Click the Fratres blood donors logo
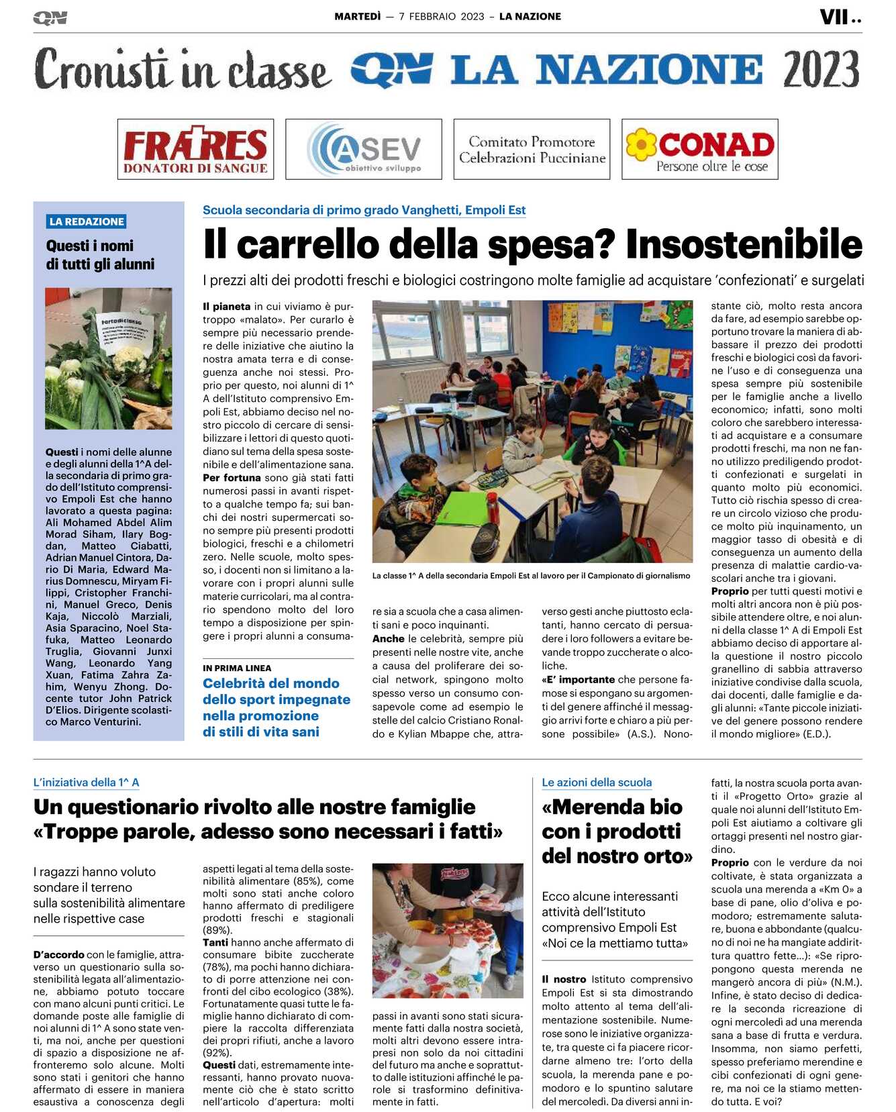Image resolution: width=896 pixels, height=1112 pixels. (195, 149)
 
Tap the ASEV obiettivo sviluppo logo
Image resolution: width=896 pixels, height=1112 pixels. (363, 149)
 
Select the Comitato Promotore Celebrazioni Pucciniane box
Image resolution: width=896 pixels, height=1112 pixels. (532, 149)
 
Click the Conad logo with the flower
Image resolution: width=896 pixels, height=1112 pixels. (699, 149)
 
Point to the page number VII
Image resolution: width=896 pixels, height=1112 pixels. (834, 17)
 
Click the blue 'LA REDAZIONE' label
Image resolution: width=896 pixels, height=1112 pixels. (87, 221)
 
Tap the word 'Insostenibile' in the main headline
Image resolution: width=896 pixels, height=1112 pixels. (744, 245)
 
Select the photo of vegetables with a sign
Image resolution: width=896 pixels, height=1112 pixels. (108, 358)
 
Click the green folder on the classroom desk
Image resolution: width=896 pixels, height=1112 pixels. (456, 508)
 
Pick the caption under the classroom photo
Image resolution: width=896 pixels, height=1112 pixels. (532, 576)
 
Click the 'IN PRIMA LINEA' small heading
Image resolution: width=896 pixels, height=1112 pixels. (237, 668)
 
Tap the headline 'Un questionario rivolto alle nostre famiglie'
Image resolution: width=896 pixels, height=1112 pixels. (254, 807)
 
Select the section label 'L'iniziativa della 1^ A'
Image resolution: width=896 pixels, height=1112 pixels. (86, 782)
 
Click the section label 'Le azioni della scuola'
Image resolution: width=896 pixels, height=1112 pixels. (597, 782)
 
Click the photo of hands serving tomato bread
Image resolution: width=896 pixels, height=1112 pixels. (448, 930)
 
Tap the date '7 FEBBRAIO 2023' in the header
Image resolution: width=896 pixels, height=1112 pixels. (442, 17)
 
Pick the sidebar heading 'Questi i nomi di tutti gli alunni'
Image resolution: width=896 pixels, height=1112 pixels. (100, 255)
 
